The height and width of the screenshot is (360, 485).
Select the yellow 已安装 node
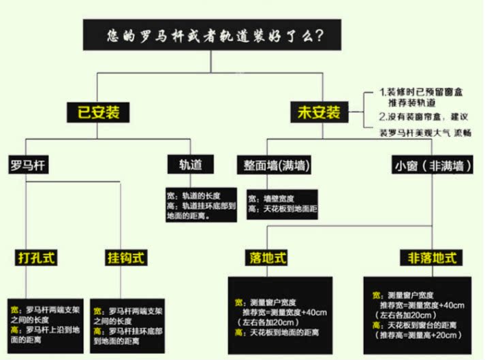click(97, 112)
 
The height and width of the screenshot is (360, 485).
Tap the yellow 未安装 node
click(318, 112)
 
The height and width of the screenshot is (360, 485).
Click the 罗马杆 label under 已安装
click(28, 165)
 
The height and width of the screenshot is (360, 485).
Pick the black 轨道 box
click(190, 165)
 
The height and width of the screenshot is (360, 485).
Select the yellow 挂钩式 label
click(126, 258)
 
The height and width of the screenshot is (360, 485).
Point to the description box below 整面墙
click(281, 203)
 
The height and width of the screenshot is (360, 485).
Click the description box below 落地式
click(280, 316)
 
